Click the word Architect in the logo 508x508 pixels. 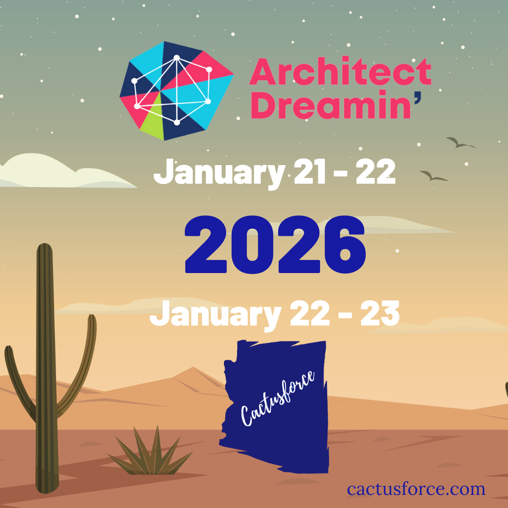[x=340, y=72]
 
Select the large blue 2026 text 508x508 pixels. [x=275, y=245]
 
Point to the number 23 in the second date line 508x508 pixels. [x=380, y=314]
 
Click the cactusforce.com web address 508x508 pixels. [x=416, y=489]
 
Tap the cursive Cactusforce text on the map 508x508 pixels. [x=277, y=398]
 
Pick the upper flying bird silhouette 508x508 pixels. [x=459, y=142]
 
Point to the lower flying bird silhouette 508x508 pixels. [x=433, y=175]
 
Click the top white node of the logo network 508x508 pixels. [x=177, y=58]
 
